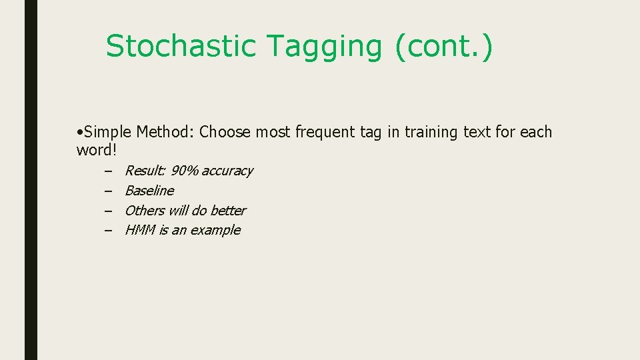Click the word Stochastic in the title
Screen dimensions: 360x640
(x=181, y=47)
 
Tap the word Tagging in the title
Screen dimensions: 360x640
(x=325, y=47)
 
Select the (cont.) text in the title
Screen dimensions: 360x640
(x=444, y=47)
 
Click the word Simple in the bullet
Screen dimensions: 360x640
(x=109, y=132)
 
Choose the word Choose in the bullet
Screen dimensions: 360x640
(x=225, y=132)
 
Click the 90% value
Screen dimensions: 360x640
(x=185, y=171)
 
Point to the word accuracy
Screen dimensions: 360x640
(x=227, y=171)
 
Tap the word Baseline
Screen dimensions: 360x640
(x=149, y=191)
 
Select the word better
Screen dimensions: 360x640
(x=227, y=211)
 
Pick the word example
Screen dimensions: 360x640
(x=215, y=231)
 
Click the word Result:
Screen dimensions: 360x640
(x=145, y=171)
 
